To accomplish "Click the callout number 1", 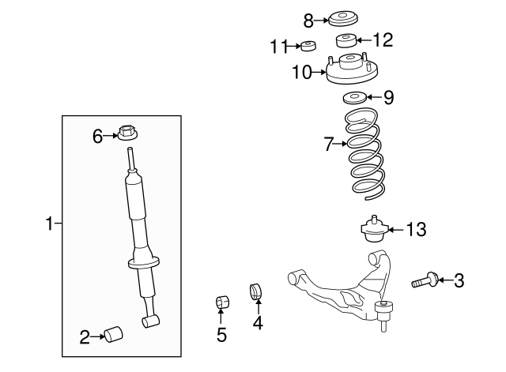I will [48, 224].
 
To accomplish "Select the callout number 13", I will [415, 230].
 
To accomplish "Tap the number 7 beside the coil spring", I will [328, 144].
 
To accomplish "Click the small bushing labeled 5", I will [221, 302].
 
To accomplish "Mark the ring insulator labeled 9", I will [353, 99].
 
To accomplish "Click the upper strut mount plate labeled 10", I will [348, 73].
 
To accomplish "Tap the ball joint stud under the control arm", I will [385, 318].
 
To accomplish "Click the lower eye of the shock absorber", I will [150, 321].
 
